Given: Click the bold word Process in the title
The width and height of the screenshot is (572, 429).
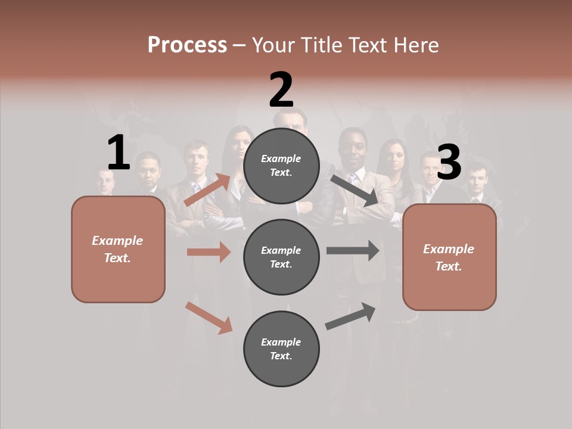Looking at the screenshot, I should (x=187, y=45).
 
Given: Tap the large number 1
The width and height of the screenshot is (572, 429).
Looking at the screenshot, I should (x=119, y=153).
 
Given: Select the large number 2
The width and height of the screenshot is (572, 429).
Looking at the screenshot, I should (x=281, y=90).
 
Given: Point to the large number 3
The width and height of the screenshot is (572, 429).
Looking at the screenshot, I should (x=449, y=163).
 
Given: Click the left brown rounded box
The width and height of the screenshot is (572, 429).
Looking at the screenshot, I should (x=118, y=249).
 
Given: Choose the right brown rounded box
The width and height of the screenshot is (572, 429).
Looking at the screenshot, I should (x=449, y=257).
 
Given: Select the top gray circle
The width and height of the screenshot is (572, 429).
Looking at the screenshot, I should (x=281, y=166).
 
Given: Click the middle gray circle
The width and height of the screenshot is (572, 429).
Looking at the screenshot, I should (x=281, y=257).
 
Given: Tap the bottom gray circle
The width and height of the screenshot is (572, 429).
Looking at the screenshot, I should (x=281, y=349).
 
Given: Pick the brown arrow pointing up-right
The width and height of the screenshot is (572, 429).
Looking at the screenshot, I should (x=208, y=189).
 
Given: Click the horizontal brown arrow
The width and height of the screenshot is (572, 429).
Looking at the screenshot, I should (x=209, y=252).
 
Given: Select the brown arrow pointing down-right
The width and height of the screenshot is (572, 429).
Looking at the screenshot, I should (x=209, y=318).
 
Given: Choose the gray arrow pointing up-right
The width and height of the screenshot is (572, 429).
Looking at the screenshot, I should (x=350, y=316).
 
